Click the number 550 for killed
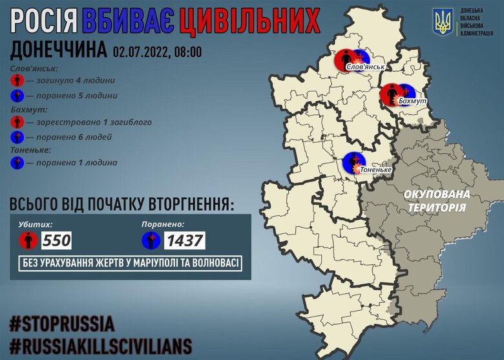click(x=56, y=241)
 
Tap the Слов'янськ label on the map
click(x=366, y=67)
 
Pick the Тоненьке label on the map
click(x=375, y=169)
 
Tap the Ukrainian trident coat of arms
click(x=443, y=23)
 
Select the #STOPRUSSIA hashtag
click(x=62, y=323)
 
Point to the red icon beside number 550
click(x=26, y=241)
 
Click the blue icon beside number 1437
click(x=150, y=241)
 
